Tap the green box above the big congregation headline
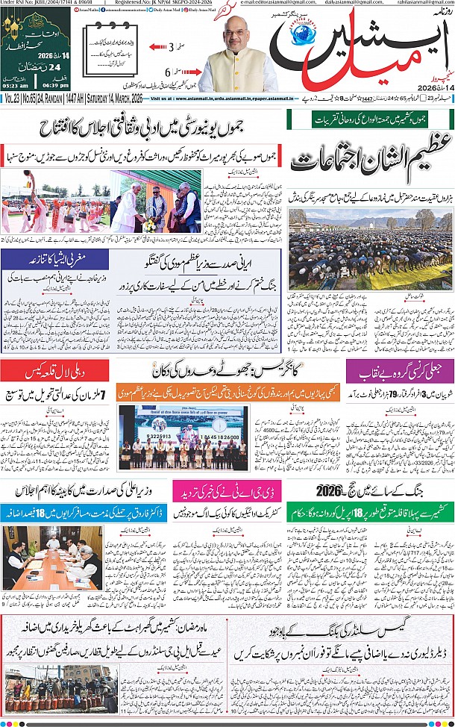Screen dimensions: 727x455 tap(370, 118)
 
